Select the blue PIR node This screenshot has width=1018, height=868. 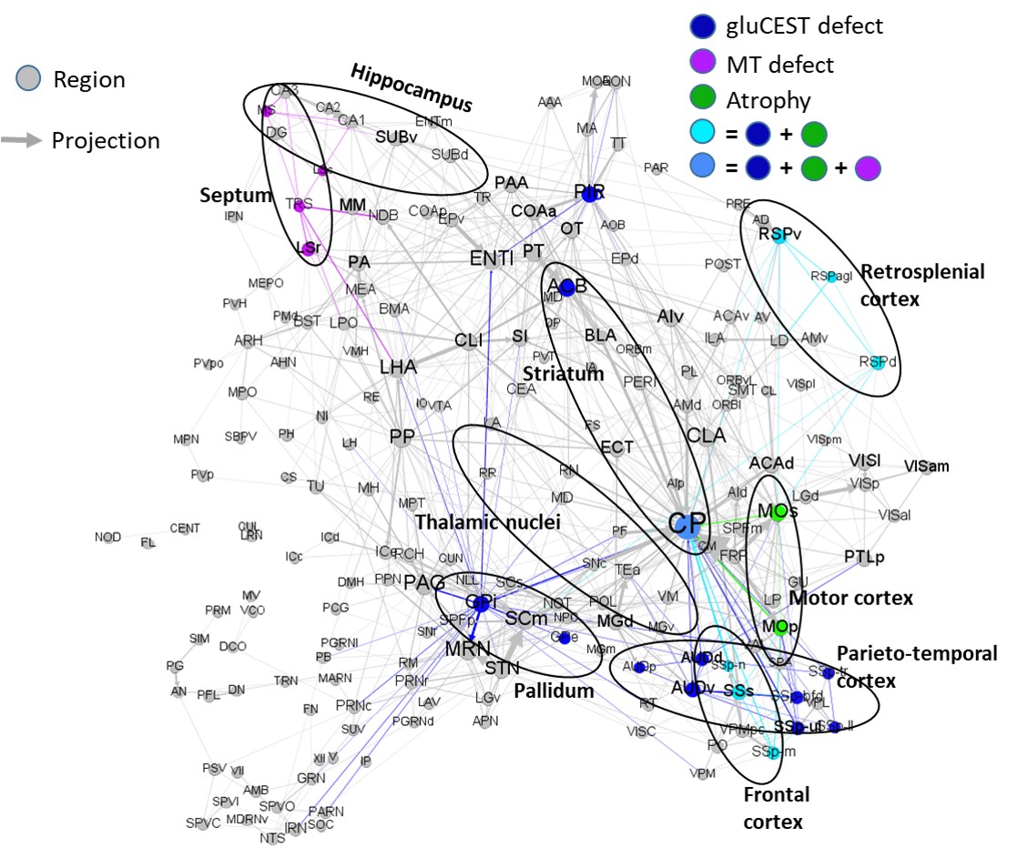(589, 193)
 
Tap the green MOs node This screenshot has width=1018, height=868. (779, 512)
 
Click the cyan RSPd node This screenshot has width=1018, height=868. (878, 362)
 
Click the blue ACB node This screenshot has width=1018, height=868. (567, 288)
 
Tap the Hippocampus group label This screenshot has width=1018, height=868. (411, 87)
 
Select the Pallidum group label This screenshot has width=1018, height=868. (554, 691)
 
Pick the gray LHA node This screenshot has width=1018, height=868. (398, 368)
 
